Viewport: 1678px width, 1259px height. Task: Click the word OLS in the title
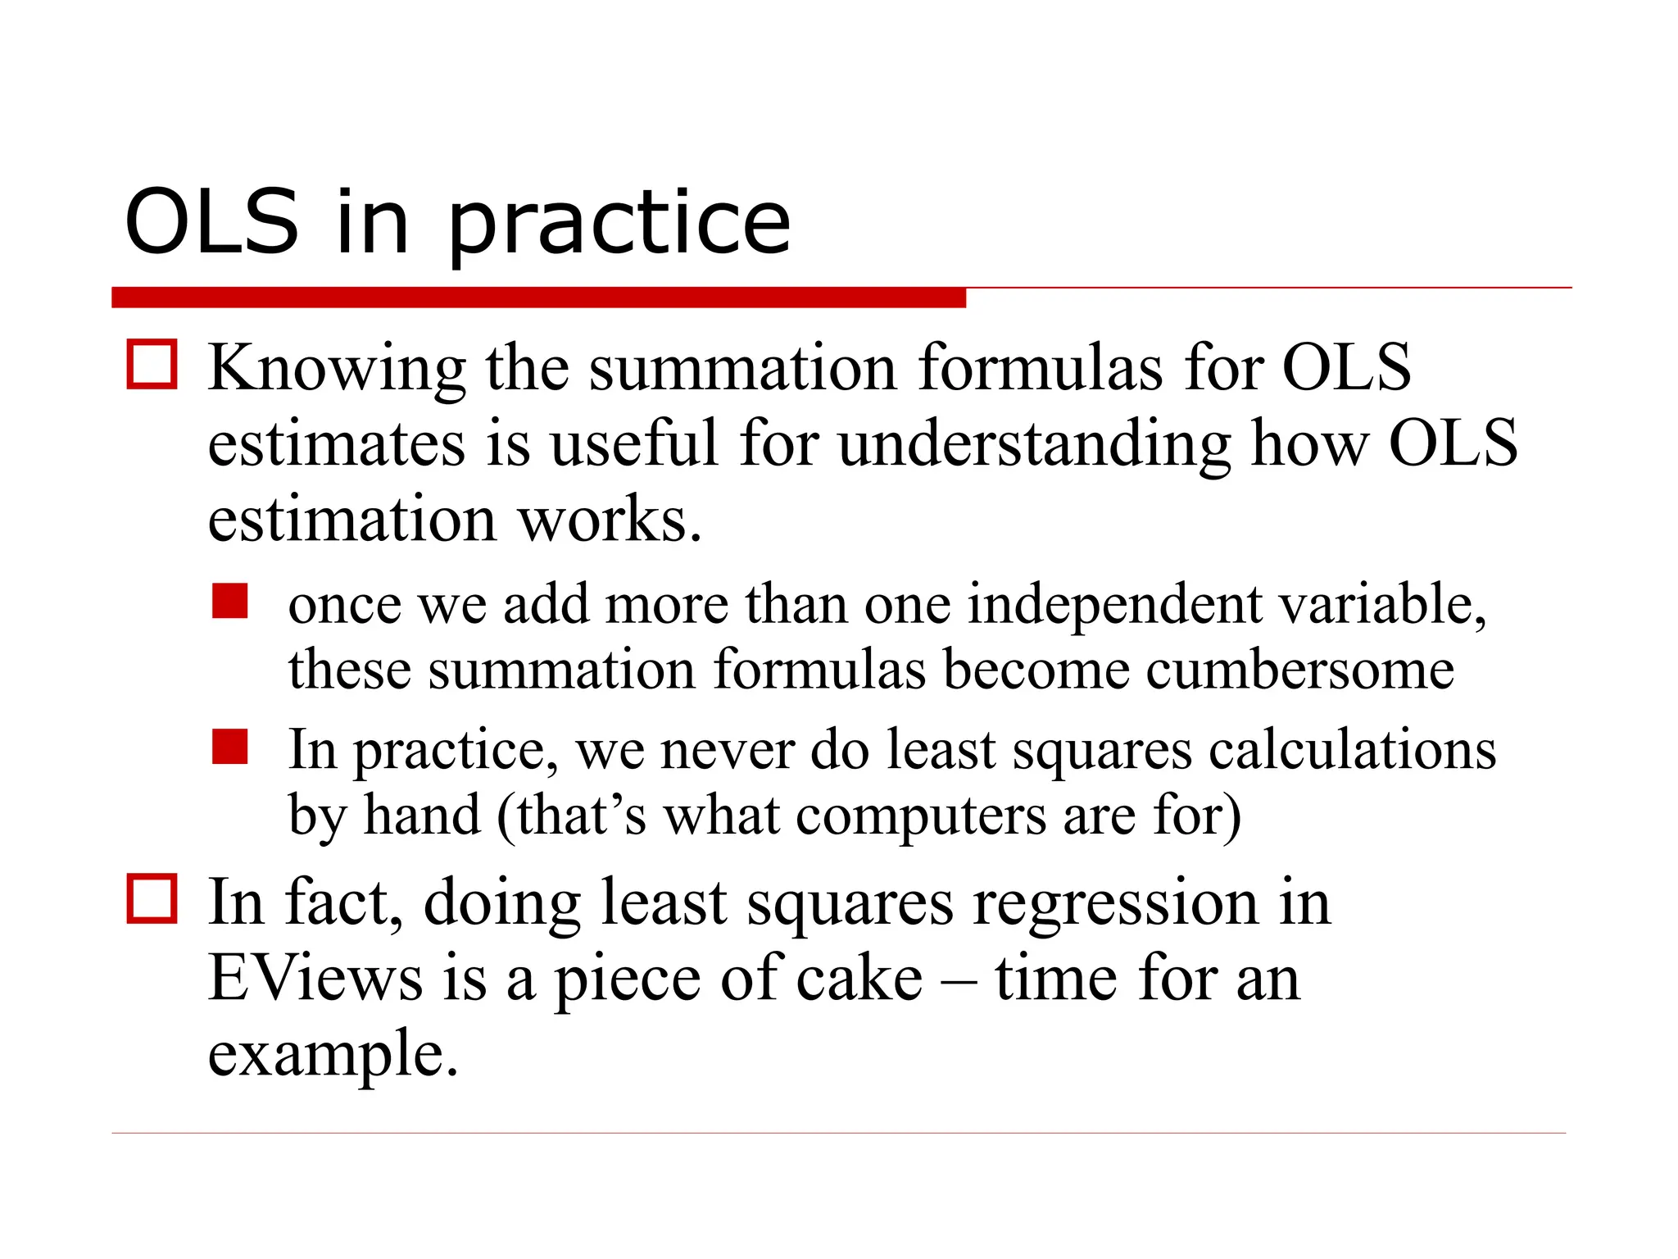[x=211, y=221]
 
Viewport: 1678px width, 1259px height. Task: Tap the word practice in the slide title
[x=619, y=225]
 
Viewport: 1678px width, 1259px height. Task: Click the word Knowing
[x=337, y=369]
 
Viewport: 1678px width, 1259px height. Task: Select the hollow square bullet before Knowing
[x=152, y=364]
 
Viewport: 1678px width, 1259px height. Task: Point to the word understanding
[x=1034, y=445]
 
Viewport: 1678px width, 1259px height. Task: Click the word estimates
[x=337, y=443]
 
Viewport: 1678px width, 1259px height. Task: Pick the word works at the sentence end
[x=609, y=520]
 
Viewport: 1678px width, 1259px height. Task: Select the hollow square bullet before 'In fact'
[x=152, y=898]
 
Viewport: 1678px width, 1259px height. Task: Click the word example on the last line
[x=332, y=1056]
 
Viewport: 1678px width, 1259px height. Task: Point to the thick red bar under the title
[x=538, y=298]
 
